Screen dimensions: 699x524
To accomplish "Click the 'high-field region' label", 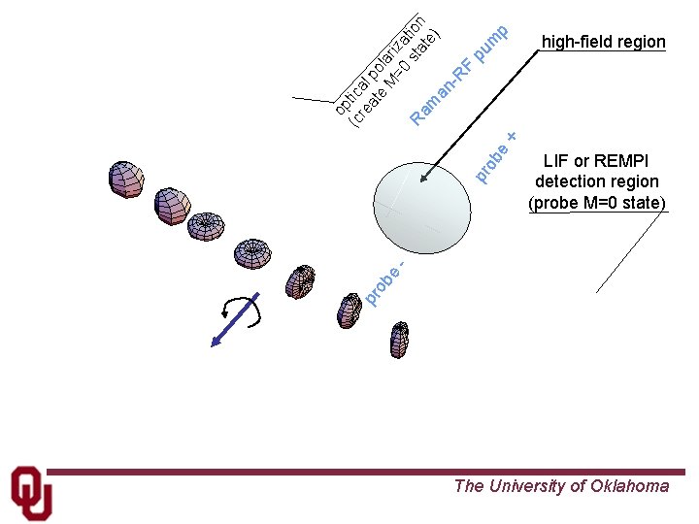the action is click(603, 42).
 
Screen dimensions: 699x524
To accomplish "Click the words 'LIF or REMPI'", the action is click(596, 161).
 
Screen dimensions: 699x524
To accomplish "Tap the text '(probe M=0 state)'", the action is click(596, 203).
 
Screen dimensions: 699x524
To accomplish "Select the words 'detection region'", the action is click(596, 181).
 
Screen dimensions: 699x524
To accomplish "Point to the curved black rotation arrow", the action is click(240, 309).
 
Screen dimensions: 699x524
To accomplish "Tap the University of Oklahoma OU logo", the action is click(31, 492).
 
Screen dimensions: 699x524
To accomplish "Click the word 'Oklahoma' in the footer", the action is click(629, 486).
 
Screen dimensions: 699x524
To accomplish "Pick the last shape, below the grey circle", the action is click(399, 340).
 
